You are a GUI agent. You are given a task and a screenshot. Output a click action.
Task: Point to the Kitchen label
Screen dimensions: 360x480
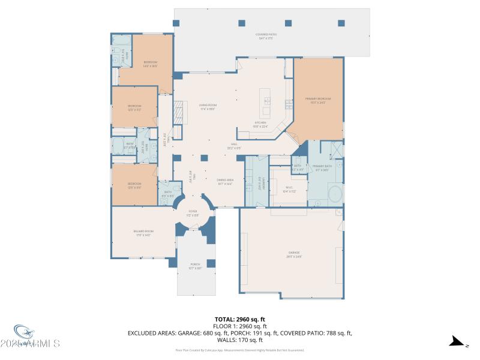point(259,124)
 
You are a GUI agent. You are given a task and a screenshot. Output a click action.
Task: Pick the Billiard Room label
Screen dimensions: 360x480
point(143,232)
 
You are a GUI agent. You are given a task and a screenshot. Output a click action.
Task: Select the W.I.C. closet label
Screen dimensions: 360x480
point(289,188)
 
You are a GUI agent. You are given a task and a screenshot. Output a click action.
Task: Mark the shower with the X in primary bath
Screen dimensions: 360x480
point(335,150)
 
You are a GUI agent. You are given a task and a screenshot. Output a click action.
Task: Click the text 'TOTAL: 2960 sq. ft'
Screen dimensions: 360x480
point(240,320)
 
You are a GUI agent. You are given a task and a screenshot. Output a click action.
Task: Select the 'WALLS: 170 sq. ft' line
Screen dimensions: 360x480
point(240,338)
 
